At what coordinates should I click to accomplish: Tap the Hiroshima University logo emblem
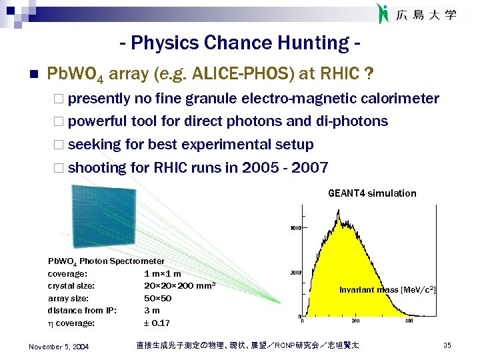(383, 13)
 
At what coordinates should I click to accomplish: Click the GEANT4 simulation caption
(371, 193)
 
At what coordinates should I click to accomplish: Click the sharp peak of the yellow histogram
(339, 213)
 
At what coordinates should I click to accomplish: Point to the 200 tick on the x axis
(355, 321)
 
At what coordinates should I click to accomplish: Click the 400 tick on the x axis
(409, 321)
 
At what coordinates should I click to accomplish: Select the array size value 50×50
(157, 298)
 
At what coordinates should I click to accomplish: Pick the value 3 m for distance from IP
(151, 311)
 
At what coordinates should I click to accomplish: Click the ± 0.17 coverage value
(157, 323)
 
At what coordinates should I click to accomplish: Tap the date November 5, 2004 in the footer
(59, 345)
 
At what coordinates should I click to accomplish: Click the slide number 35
(447, 345)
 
